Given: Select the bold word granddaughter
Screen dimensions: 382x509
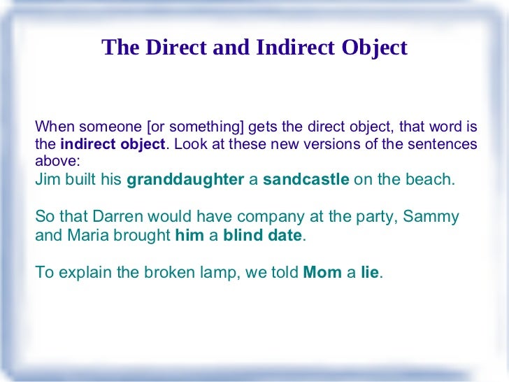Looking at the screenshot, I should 185,179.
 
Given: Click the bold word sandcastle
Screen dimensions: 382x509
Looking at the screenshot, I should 306,179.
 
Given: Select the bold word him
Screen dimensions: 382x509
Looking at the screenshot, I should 189,236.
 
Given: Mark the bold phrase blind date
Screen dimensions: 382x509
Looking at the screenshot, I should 262,236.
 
